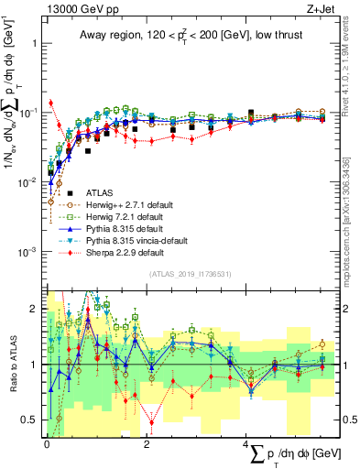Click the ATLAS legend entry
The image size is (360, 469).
click(101, 193)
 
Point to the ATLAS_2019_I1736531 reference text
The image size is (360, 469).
click(191, 273)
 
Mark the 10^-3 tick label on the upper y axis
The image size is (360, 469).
click(27, 250)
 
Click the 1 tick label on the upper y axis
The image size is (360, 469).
click(35, 43)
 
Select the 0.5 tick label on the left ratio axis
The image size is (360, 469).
click(30, 420)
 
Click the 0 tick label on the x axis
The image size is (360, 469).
click(46, 443)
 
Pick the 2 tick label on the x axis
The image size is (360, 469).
click(147, 443)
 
